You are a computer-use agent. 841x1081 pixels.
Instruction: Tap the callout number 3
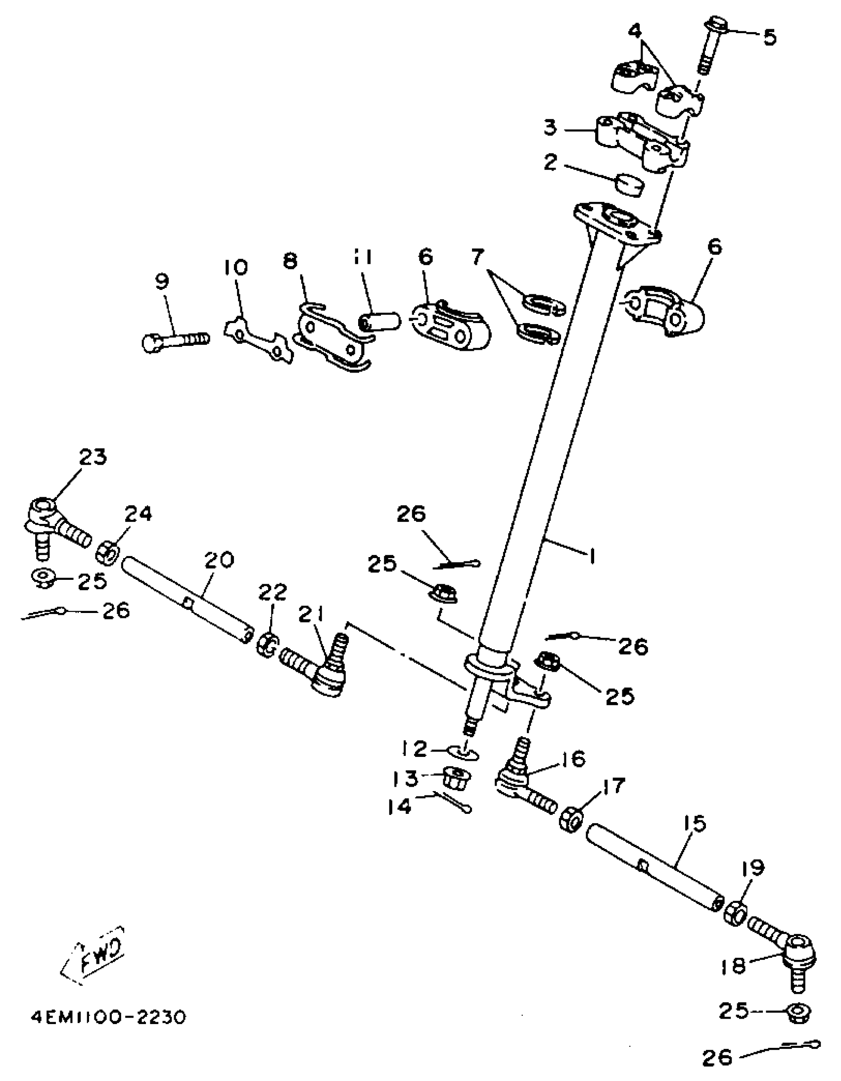pyautogui.click(x=550, y=128)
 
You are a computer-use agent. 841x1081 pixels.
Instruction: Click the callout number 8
pyautogui.click(x=290, y=261)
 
